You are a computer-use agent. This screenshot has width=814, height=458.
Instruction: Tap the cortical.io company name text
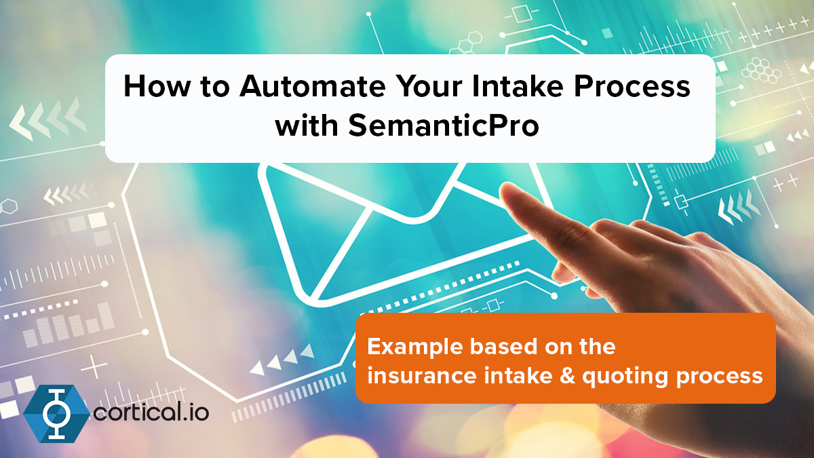tap(151, 412)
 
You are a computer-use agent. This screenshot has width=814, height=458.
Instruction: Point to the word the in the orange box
tap(595, 347)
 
